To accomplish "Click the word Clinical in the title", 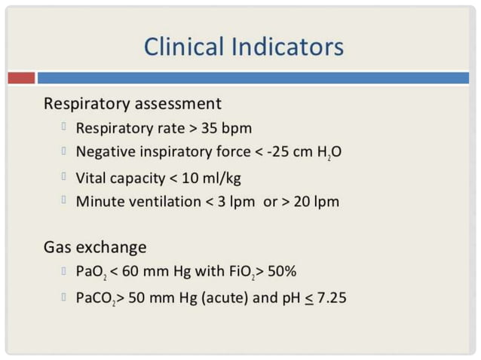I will (185, 47).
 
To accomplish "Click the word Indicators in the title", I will (290, 47).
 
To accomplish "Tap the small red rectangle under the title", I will (22, 78).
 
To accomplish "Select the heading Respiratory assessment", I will (133, 103).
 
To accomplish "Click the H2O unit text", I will (329, 153).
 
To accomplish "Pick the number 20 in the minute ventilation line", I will (302, 202).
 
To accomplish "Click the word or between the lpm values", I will (271, 202).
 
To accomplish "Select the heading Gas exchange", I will (95, 247).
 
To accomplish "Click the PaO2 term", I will (91, 272).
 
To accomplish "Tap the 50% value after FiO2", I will (287, 272).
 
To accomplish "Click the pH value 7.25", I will (331, 297).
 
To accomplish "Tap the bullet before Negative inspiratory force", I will (66, 152).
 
